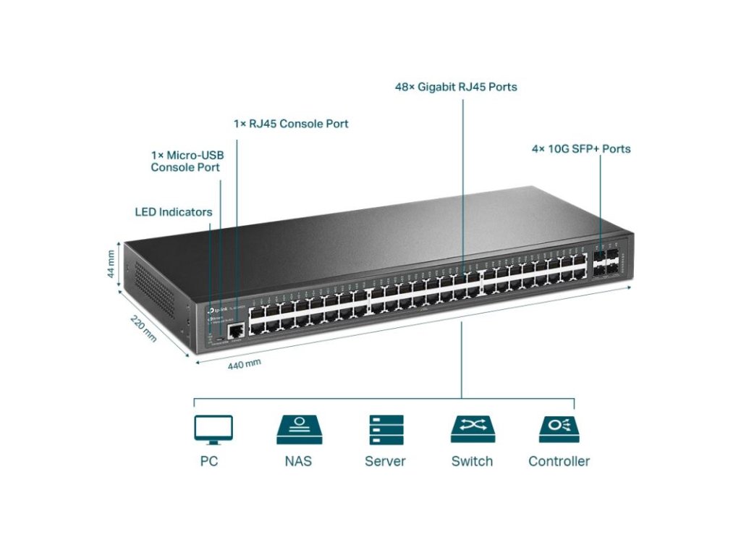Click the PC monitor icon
(x=213, y=429)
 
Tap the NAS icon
(x=299, y=429)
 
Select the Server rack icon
(x=385, y=429)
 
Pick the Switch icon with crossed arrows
(x=473, y=429)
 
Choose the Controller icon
(x=559, y=429)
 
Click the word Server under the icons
(x=385, y=461)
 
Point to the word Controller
(x=559, y=461)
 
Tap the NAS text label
(x=298, y=461)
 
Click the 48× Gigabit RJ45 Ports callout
(x=456, y=87)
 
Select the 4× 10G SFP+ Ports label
(x=581, y=149)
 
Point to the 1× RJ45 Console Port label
(x=291, y=124)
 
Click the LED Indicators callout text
(x=174, y=212)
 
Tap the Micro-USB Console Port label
(x=186, y=161)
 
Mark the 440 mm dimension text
(x=244, y=363)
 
